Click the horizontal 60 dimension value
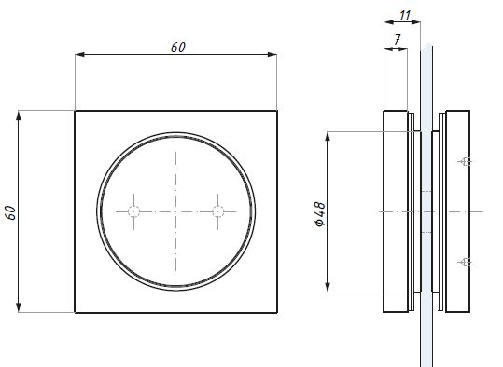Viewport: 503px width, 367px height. coord(178,48)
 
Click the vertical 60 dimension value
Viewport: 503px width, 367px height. coord(10,212)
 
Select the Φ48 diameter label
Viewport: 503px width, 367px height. coord(320,214)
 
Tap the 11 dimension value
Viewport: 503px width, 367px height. coord(405,15)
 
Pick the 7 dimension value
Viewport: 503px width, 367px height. coord(398,40)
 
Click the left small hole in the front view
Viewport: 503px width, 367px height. coord(133,211)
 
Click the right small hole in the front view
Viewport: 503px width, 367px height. coord(218,211)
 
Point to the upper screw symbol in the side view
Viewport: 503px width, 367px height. coord(465,162)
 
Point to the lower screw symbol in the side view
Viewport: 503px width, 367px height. coord(465,263)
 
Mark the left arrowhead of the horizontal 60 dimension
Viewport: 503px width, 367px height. coord(79,54)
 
